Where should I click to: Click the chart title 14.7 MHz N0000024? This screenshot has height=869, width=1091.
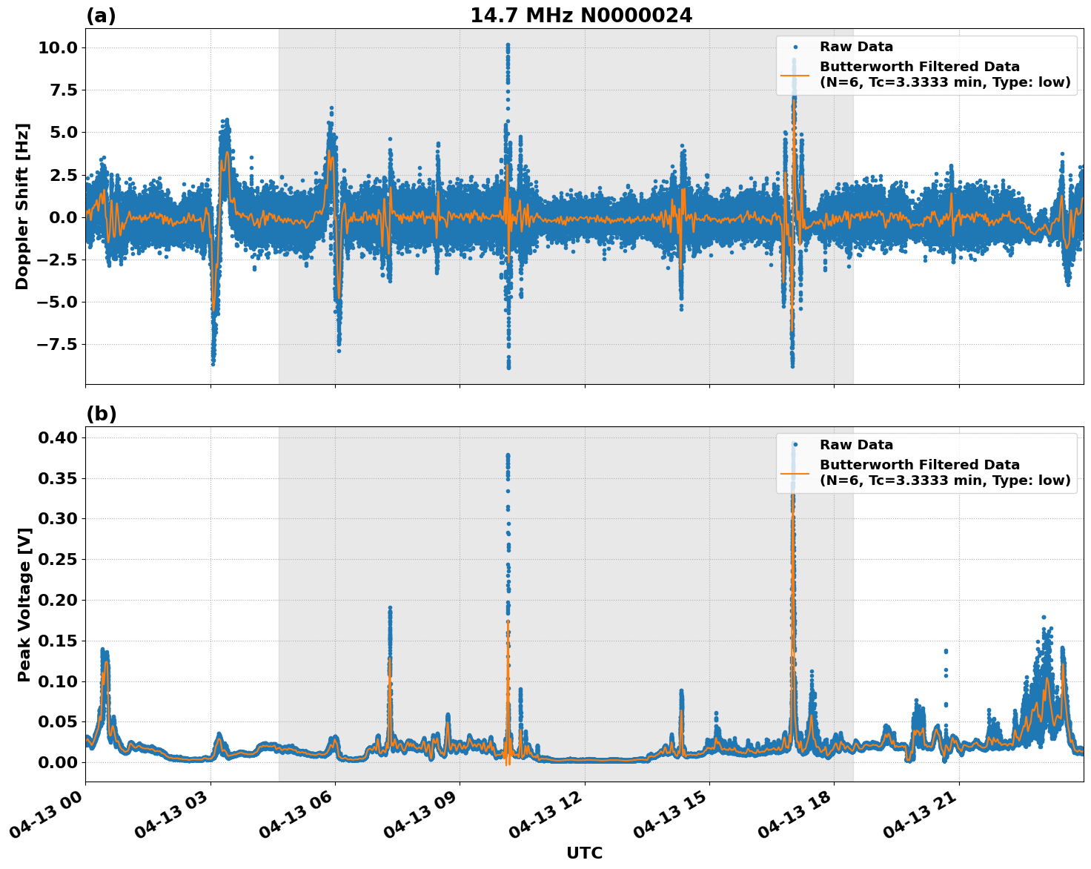(580, 16)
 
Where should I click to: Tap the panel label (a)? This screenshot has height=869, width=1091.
(101, 16)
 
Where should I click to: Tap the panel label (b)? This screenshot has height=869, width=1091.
(101, 414)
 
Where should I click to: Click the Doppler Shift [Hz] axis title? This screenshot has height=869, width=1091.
(22, 206)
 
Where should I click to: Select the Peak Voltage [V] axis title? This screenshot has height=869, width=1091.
(24, 604)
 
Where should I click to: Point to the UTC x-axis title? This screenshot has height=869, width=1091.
(584, 853)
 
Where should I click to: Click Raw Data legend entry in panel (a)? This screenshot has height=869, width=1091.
(856, 47)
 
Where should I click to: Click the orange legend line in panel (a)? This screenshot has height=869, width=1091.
(795, 75)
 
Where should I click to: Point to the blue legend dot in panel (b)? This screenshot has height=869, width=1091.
(795, 445)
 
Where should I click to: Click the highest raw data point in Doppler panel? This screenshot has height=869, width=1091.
(508, 45)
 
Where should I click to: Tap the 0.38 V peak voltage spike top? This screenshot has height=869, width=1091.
(508, 455)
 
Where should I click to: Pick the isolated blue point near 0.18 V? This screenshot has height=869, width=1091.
(1044, 617)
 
